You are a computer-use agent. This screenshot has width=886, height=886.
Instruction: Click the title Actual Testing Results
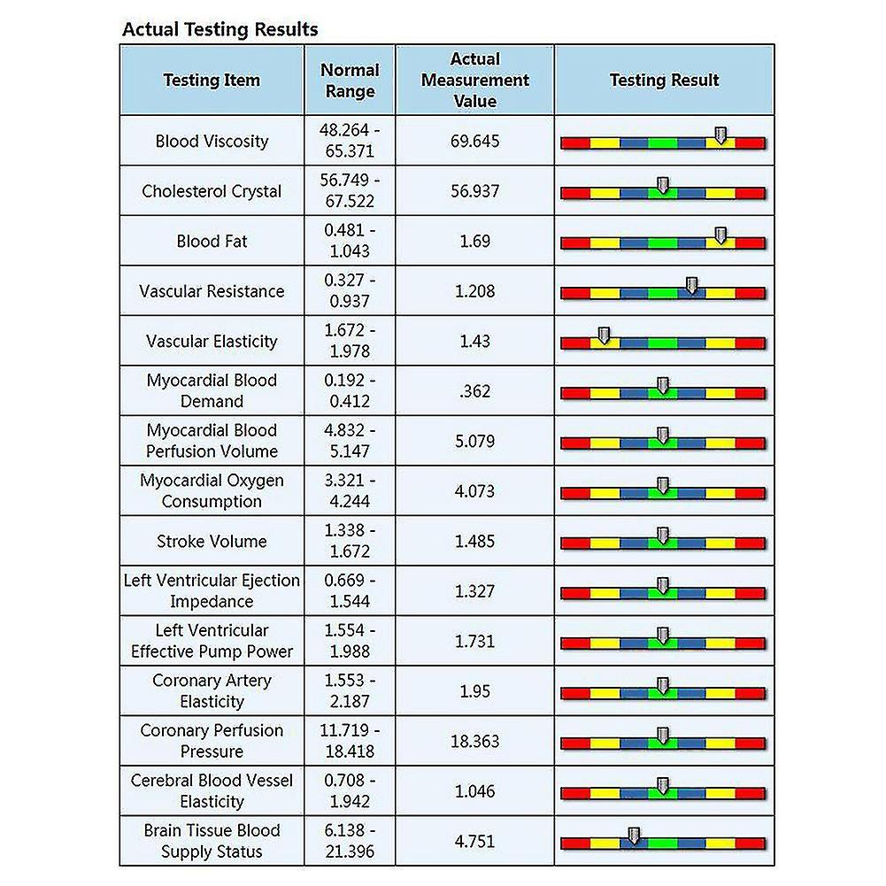coord(220,28)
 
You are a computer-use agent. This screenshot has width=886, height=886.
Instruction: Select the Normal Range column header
coord(350,80)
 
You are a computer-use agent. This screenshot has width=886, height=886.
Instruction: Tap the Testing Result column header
coord(664,80)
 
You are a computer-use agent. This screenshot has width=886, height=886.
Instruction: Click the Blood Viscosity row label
coord(212,141)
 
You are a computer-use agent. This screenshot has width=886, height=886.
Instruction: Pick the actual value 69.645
coord(475,141)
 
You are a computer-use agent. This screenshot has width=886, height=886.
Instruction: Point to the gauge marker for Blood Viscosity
coord(720,135)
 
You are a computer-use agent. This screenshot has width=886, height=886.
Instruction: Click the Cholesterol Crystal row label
coord(212,191)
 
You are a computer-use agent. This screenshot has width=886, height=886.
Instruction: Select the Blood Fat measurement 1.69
coord(475,241)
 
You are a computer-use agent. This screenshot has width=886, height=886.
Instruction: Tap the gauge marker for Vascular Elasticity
coord(604,335)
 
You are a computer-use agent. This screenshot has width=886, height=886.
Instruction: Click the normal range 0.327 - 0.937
coord(350,291)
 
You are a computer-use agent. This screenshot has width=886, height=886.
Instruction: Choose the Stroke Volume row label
coord(212,541)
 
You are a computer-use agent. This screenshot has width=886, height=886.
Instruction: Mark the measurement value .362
coord(475,391)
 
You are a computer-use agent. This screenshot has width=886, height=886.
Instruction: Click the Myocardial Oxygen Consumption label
coord(212,491)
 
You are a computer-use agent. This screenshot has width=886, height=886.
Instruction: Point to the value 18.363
coord(475,741)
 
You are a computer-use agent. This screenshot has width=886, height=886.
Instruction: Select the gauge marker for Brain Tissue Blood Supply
coord(633,836)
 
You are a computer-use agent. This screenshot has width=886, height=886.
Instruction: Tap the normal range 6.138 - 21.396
coord(350,841)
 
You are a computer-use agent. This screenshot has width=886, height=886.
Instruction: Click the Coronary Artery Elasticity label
coord(212,691)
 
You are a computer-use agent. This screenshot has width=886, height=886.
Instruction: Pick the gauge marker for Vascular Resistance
coord(692,285)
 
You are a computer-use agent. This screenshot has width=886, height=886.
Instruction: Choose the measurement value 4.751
coord(475,841)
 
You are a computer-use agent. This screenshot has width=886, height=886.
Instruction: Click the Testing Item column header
coord(212,80)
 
